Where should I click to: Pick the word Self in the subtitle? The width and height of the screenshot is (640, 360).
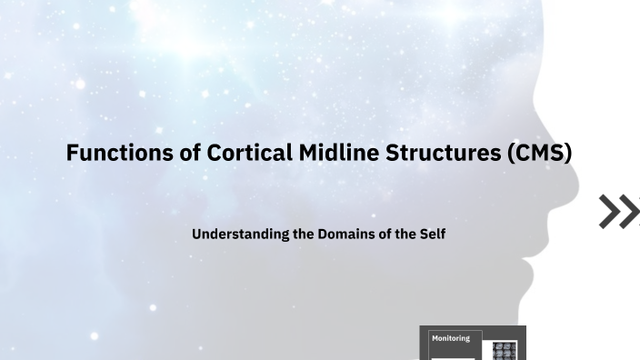(431, 234)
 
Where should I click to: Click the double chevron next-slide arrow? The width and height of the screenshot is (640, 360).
(619, 211)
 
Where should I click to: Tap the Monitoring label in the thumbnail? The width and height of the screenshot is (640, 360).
(451, 338)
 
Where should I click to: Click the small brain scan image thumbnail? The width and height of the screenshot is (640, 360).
(505, 351)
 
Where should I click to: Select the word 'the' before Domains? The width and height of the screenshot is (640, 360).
(303, 234)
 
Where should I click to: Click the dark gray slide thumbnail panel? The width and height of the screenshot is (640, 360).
(472, 344)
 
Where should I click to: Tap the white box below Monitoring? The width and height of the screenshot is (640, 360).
(452, 357)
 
